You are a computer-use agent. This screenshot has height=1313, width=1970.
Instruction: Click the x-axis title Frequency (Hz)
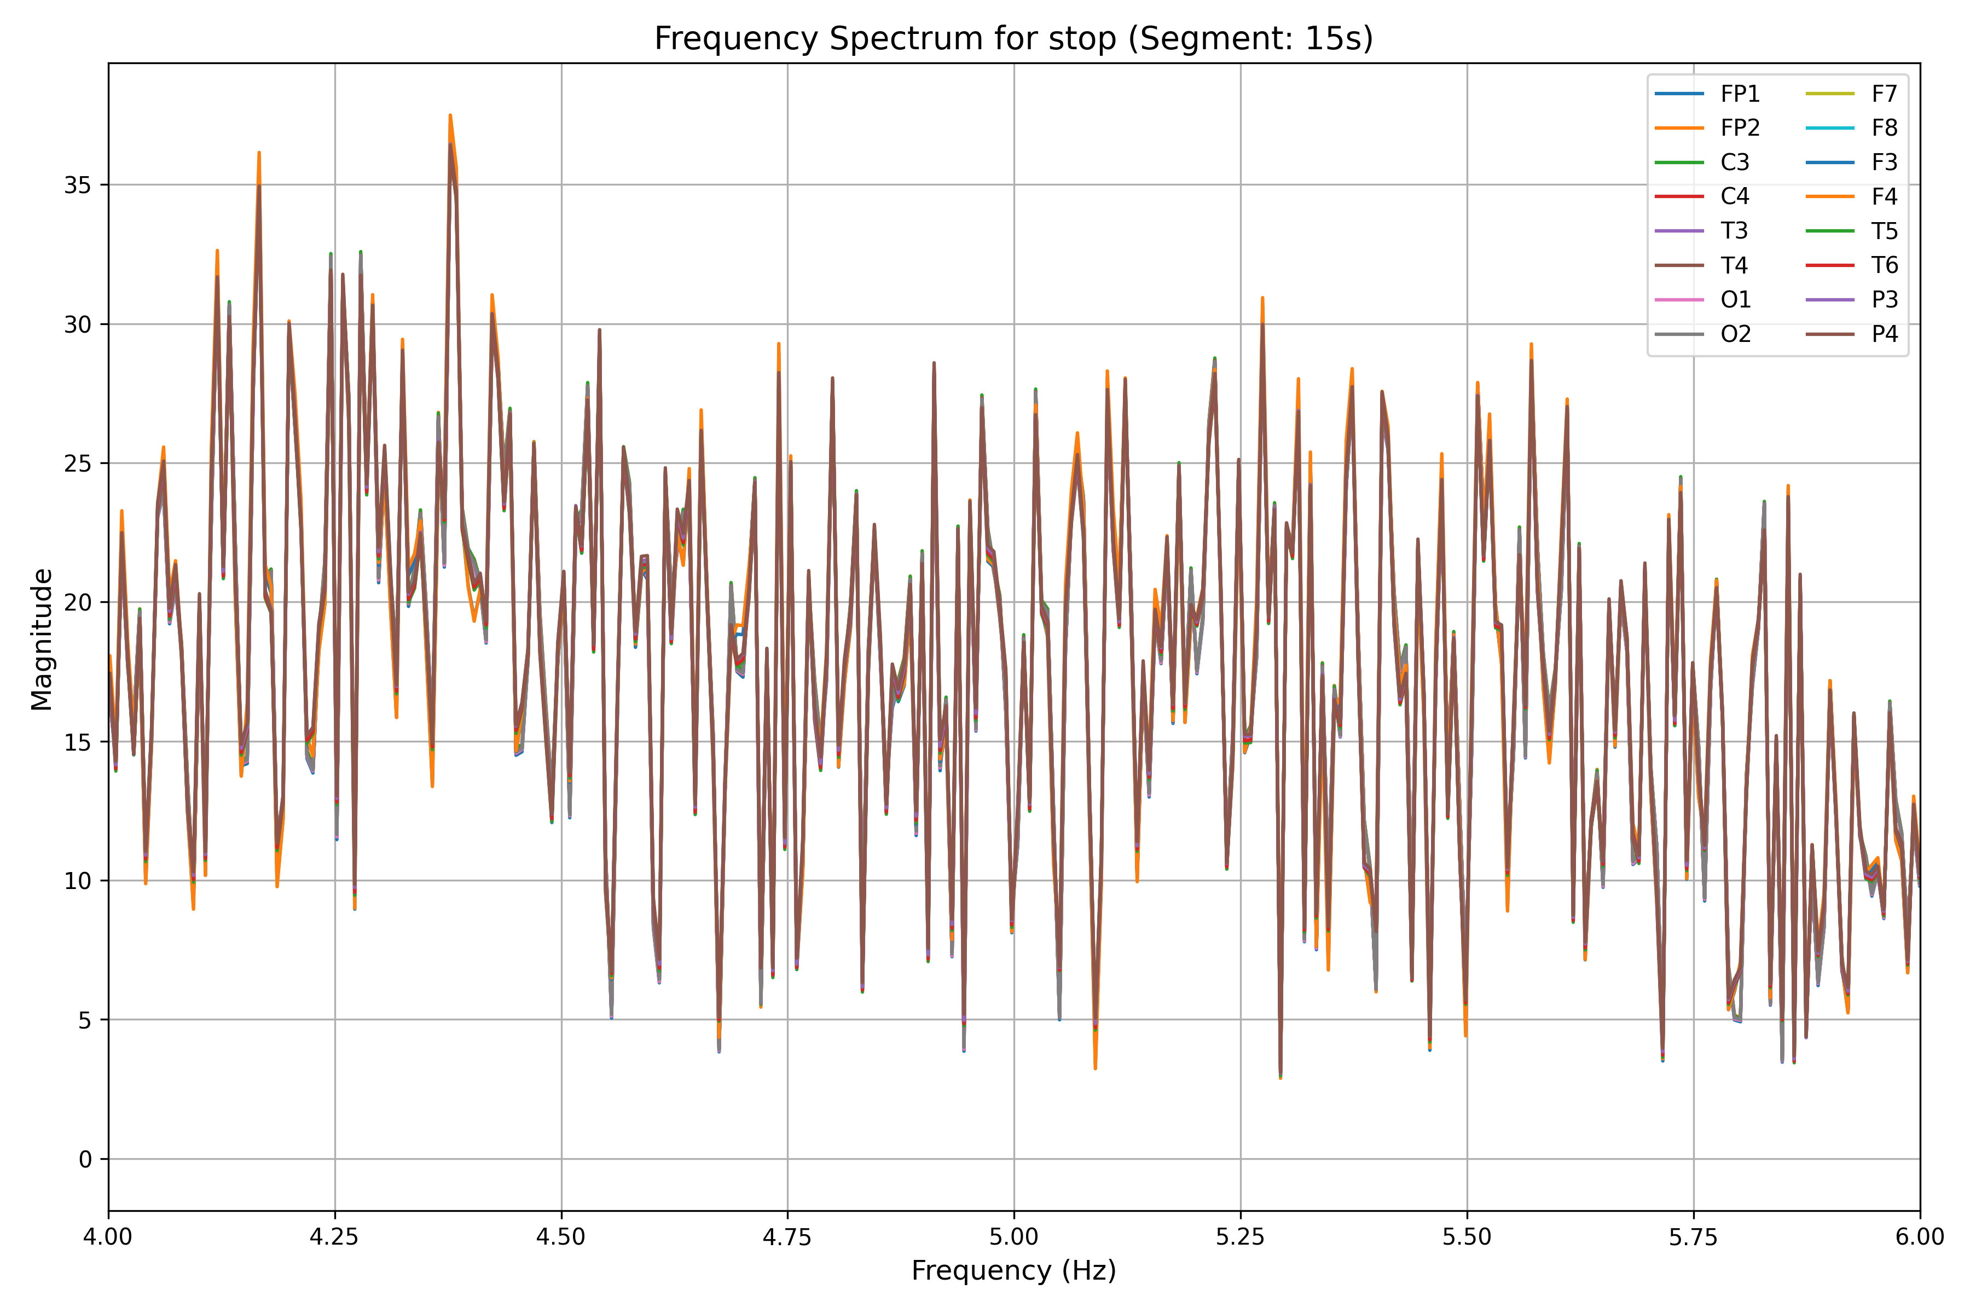(x=1013, y=1270)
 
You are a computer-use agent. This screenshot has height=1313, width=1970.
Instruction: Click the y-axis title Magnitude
(x=42, y=639)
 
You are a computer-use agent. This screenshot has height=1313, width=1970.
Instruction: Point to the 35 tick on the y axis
(x=77, y=185)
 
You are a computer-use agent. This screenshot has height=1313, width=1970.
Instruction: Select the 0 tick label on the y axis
(x=85, y=1160)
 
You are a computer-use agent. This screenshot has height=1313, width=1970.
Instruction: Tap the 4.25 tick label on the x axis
(x=335, y=1237)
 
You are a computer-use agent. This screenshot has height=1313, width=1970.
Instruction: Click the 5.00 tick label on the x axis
(x=1013, y=1237)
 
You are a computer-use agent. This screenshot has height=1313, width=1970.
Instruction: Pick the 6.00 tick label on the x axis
(x=1919, y=1237)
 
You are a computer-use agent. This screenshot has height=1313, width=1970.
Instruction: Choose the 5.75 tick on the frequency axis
(x=1693, y=1237)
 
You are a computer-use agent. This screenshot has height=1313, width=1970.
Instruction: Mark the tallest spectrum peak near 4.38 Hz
(x=450, y=115)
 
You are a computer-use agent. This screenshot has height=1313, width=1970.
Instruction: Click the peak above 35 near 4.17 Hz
(x=259, y=153)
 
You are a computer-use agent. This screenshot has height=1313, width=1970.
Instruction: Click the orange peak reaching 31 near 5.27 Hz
(x=1262, y=298)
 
